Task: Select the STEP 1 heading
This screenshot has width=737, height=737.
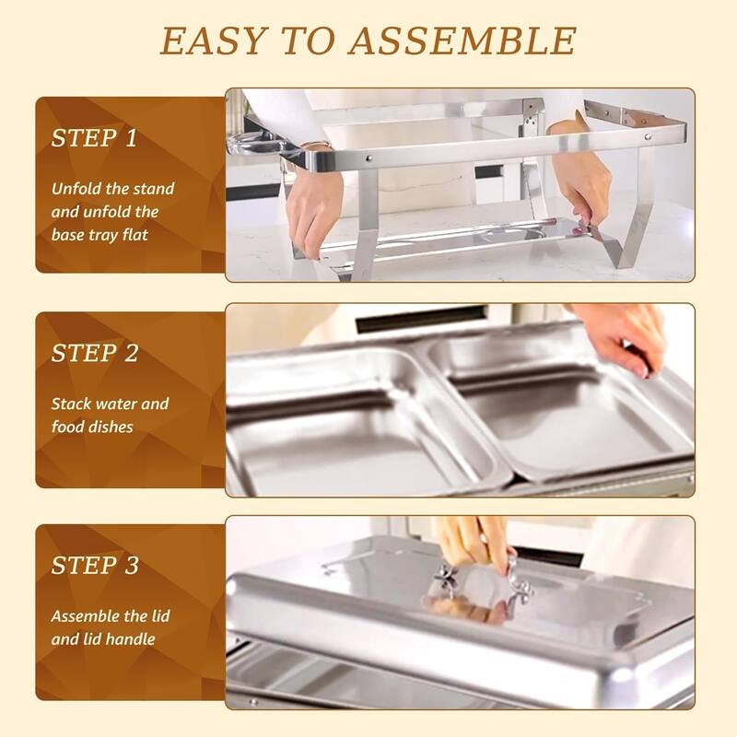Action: tap(94, 139)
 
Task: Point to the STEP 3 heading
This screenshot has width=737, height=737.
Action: tap(94, 565)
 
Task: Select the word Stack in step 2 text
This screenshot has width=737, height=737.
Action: tap(72, 404)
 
